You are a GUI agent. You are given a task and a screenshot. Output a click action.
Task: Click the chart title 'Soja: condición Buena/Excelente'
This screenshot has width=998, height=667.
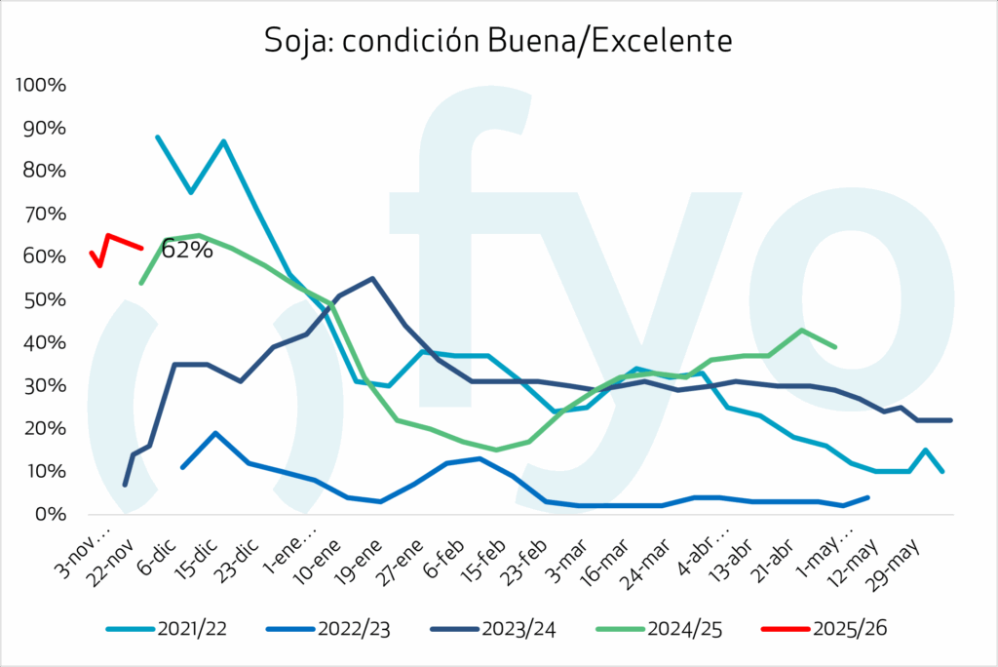tap(498, 41)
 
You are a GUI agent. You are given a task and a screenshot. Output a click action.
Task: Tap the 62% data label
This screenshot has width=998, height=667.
tap(186, 250)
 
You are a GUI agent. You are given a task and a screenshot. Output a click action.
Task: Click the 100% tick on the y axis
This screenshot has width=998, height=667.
tap(41, 86)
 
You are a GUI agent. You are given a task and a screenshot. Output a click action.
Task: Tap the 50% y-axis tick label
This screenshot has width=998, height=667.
tap(45, 299)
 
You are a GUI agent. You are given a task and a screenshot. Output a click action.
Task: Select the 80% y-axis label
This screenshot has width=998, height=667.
tap(45, 171)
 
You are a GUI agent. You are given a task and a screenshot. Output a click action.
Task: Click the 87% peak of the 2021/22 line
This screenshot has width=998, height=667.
tap(224, 141)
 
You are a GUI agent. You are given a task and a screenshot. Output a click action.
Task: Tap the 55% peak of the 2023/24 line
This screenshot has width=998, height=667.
tap(372, 278)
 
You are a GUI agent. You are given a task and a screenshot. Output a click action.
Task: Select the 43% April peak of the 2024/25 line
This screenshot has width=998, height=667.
tap(801, 330)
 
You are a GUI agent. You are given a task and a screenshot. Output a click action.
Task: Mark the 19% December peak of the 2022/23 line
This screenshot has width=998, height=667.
tap(214, 433)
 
